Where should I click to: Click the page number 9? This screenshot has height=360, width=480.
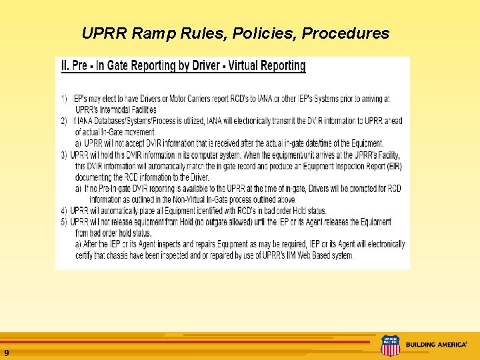pos(6,352)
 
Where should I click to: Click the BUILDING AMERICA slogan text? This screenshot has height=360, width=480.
pos(436,345)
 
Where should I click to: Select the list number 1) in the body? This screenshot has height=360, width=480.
pos(64,99)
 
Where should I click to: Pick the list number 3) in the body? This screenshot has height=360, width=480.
pos(64,155)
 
